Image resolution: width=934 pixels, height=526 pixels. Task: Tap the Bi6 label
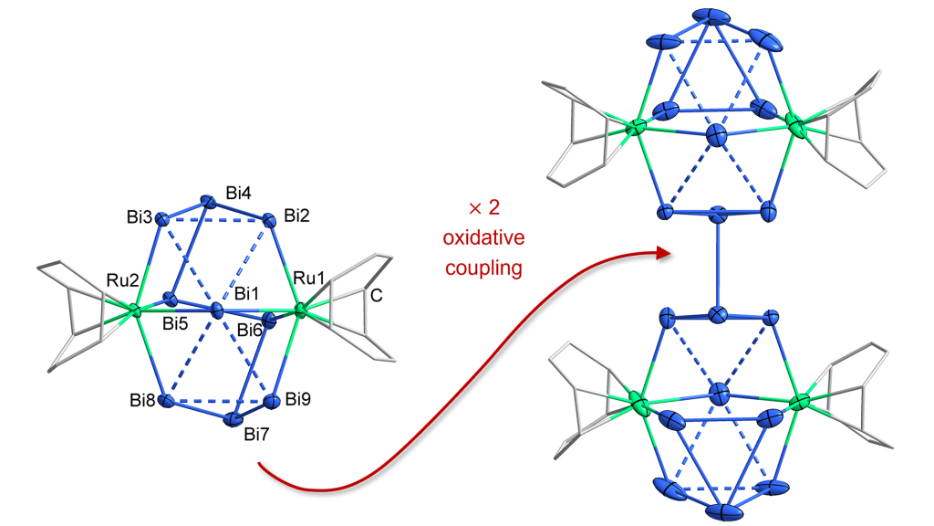(253, 329)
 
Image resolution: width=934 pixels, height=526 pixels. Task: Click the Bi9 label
(300, 399)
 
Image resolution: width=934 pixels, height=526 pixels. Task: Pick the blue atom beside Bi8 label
(167, 401)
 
